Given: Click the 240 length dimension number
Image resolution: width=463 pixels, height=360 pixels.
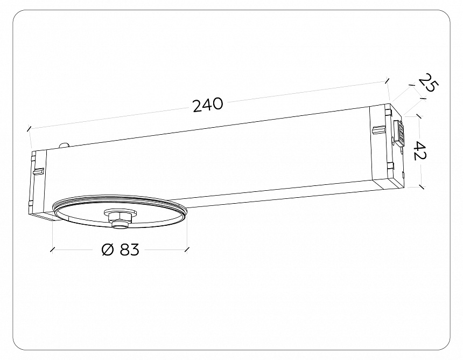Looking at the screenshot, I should pyautogui.click(x=208, y=105).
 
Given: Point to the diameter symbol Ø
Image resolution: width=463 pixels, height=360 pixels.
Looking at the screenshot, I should pyautogui.click(x=108, y=250).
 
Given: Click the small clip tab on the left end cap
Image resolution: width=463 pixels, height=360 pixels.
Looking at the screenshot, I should pyautogui.click(x=38, y=171).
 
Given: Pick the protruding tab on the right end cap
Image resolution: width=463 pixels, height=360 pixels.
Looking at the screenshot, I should pyautogui.click(x=378, y=130).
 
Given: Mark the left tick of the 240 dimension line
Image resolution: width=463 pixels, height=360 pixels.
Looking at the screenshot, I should pyautogui.click(x=29, y=129).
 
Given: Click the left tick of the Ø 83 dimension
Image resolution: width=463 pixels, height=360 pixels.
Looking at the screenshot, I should pyautogui.click(x=52, y=250).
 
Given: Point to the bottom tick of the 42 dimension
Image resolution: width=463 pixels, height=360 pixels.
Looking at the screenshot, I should pyautogui.click(x=421, y=187).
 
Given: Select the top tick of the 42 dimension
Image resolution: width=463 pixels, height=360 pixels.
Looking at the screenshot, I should pyautogui.click(x=419, y=115).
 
